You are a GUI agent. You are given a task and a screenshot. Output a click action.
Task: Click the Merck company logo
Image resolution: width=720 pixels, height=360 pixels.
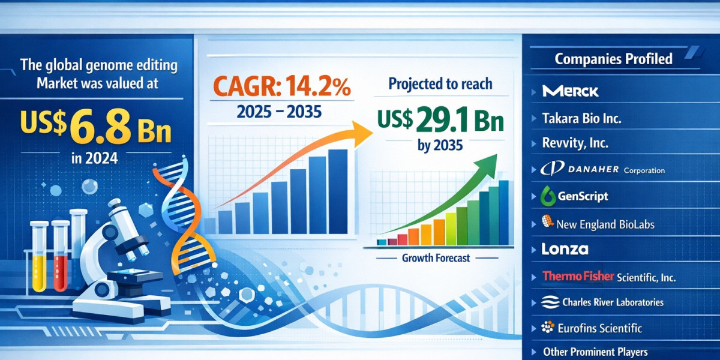tap(570, 91)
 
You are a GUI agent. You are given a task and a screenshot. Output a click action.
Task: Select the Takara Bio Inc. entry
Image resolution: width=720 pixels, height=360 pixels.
tap(581, 118)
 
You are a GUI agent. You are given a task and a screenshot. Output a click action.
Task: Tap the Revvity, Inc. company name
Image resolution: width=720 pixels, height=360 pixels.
tap(575, 143)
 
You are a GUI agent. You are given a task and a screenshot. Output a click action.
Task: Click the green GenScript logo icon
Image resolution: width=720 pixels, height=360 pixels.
tap(548, 196)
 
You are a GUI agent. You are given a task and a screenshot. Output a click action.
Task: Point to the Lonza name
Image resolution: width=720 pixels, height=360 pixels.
tap(565, 249)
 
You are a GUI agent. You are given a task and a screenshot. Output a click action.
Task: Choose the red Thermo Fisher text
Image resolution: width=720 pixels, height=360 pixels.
tap(578, 276)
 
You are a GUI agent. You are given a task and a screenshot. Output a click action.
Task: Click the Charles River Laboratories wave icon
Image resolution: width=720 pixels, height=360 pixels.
tap(550, 302)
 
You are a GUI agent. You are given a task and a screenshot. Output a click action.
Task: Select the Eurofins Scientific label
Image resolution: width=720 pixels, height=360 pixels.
tap(600, 328)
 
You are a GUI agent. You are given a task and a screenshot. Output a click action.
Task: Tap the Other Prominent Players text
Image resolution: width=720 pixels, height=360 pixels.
tap(595, 352)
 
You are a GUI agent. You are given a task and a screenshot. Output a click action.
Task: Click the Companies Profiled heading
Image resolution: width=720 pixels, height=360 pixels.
tap(614, 59)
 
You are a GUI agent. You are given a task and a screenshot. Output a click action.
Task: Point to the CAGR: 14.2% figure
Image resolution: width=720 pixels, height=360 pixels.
tap(281, 87)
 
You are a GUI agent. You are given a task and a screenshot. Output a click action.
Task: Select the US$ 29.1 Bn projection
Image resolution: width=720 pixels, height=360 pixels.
tap(440, 121)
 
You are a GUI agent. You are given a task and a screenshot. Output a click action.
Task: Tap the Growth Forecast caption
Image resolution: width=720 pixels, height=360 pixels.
tap(436, 258)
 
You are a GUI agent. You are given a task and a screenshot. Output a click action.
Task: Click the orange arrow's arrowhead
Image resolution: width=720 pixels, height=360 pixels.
tap(362, 133)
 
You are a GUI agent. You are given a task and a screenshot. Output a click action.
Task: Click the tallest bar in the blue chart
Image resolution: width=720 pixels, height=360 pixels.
tap(338, 191)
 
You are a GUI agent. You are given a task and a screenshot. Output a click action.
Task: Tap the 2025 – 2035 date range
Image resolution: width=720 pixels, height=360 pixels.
tap(279, 112)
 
